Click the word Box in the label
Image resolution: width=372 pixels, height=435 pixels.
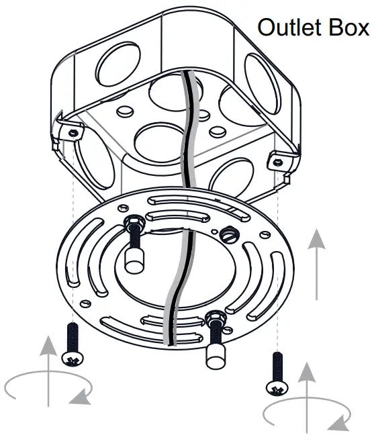click(x=349, y=28)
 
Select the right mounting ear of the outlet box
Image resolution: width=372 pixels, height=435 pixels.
click(x=278, y=161)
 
